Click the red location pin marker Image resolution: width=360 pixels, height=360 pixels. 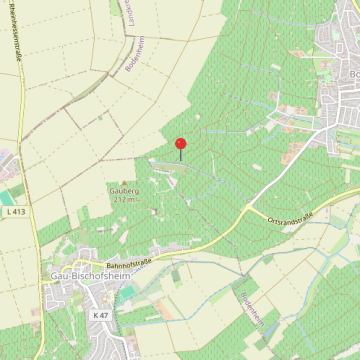click(x=181, y=146)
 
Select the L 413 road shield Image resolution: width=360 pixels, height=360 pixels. click(x=17, y=213)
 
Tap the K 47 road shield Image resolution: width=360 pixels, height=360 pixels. click(x=99, y=315)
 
